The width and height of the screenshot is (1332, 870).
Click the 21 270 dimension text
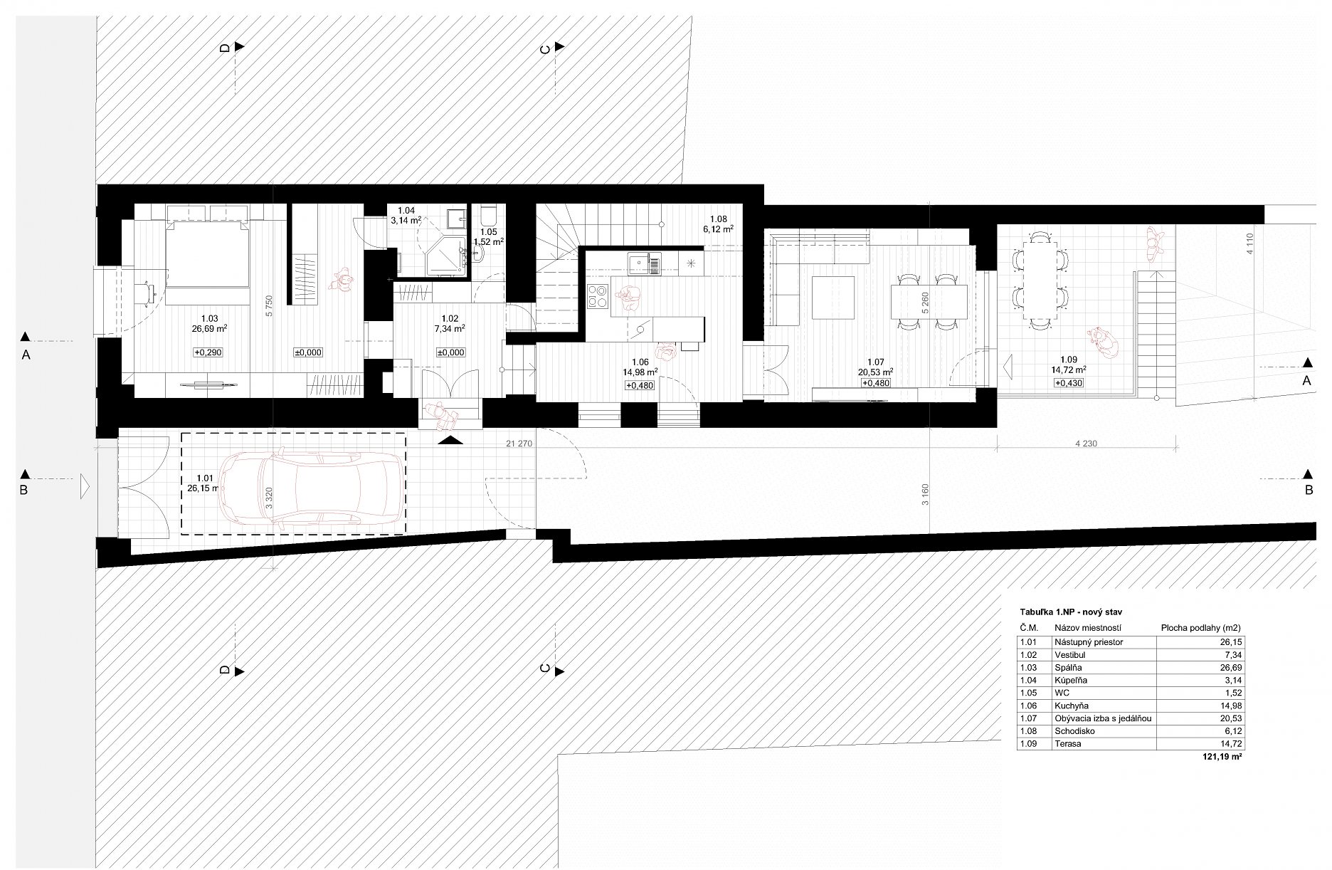[519, 444]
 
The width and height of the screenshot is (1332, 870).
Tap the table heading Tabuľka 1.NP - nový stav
[1072, 612]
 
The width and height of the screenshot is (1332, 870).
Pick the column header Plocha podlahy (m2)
[1201, 628]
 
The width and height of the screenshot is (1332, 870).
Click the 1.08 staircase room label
[719, 219]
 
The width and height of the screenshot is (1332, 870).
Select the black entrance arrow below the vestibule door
[450, 441]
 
